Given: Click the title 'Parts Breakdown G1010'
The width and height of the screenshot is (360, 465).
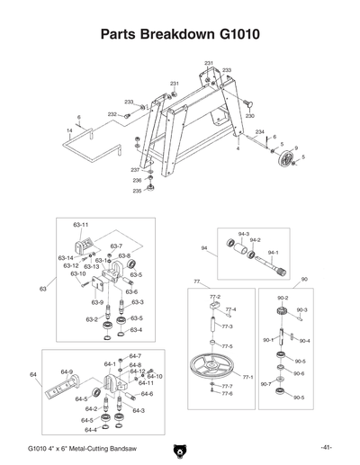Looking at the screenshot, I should (180, 35).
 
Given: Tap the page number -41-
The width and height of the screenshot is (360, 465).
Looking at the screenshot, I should (326, 447).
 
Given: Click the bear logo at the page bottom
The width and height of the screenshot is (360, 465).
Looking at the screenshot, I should (179, 449).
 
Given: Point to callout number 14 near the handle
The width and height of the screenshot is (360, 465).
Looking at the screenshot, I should (70, 130).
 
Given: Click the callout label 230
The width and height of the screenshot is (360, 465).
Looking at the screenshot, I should (250, 116).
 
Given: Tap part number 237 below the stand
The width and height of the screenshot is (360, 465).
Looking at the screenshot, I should (135, 170).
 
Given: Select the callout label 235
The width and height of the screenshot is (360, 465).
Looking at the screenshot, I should (137, 191).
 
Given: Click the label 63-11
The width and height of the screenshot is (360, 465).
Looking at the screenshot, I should (80, 223).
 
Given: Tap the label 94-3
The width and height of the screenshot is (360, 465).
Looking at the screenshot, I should (243, 233).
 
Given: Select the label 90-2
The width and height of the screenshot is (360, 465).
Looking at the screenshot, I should (282, 298).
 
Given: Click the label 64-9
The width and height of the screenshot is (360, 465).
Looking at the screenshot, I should (67, 371).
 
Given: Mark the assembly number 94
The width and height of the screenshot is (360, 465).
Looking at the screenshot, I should (203, 247).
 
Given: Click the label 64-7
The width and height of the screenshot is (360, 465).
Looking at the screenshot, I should (135, 356).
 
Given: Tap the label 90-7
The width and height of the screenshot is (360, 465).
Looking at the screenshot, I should (266, 384).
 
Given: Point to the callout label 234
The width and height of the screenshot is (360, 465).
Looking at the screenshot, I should (260, 132).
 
